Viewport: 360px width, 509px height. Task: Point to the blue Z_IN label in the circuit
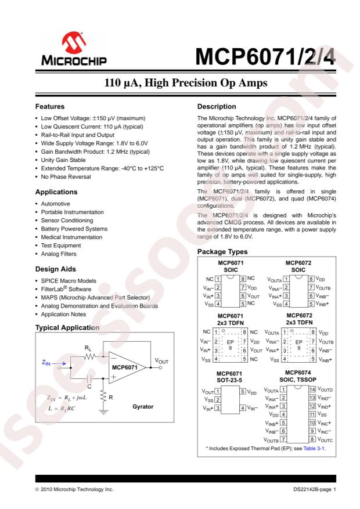click(49, 362)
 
